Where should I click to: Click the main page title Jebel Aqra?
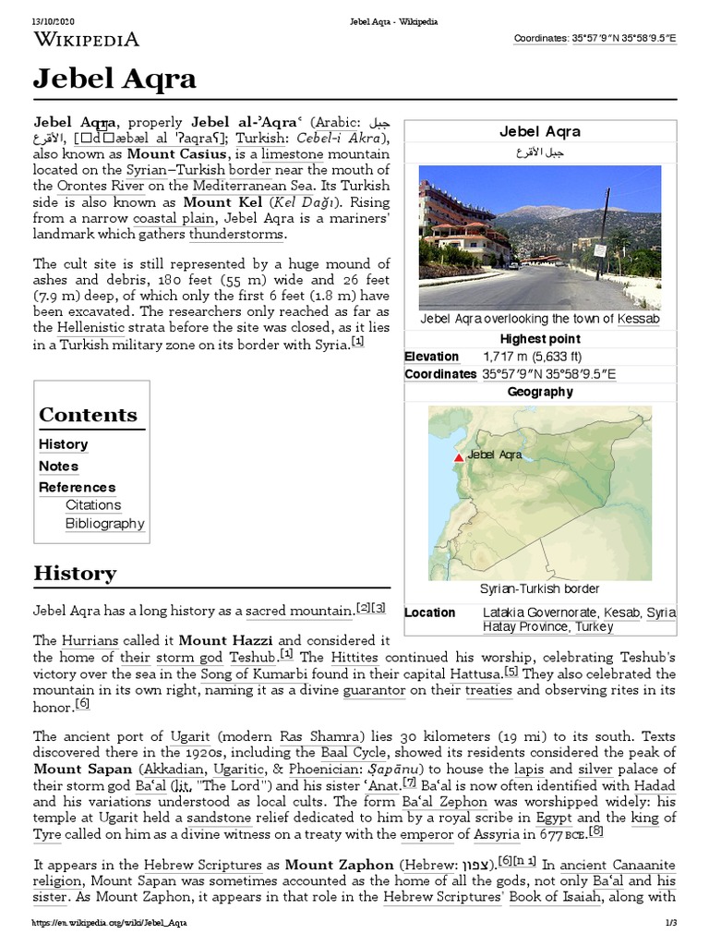pos(114,80)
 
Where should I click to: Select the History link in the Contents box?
pos(63,444)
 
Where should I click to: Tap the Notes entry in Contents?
pos(58,466)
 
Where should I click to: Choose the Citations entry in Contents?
pos(93,505)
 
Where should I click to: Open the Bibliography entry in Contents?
pos(104,524)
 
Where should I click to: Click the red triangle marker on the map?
pos(458,456)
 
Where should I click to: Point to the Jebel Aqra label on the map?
pos(495,455)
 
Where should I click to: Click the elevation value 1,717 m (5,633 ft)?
pos(532,357)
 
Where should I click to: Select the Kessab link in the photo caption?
pos(639,320)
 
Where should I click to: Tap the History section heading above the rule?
pos(75,573)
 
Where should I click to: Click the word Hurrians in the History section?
pos(87,640)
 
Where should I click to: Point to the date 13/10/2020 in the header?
pos(54,20)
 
